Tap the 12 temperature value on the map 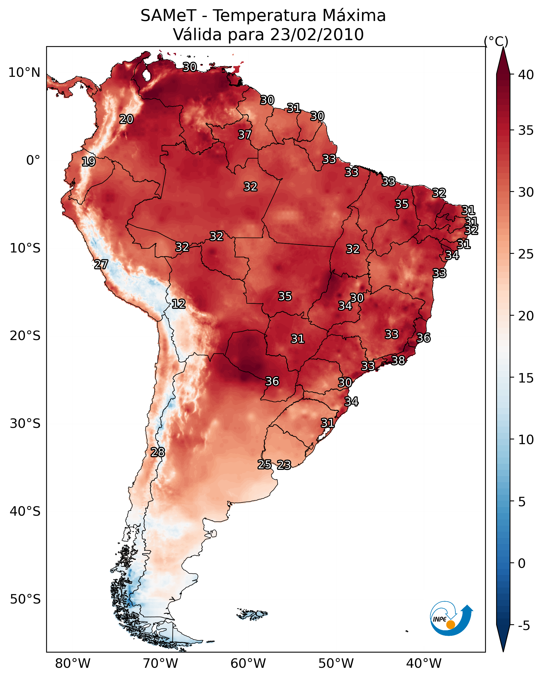(x=179, y=304)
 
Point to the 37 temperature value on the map (x=245, y=134)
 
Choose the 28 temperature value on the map (x=158, y=452)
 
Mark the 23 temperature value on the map (x=284, y=465)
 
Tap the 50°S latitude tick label (x=25, y=599)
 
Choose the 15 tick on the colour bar (x=526, y=378)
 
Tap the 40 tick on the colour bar (x=526, y=75)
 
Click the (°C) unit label (x=496, y=41)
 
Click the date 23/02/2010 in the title (x=317, y=35)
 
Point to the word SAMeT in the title (x=169, y=16)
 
